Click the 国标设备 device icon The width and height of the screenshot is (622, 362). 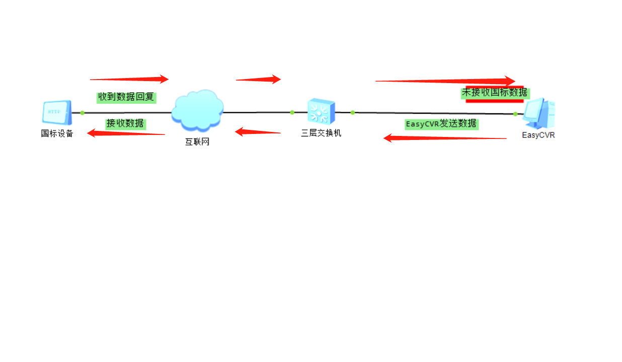click(57, 112)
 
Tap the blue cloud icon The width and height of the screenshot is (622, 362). click(197, 111)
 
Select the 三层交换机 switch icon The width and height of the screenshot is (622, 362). click(321, 111)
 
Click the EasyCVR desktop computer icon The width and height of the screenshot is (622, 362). click(538, 113)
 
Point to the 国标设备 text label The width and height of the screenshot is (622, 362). click(57, 133)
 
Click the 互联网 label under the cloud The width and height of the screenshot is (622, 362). click(197, 142)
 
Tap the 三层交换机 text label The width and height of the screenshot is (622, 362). click(321, 133)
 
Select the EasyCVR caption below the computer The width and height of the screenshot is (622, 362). click(538, 135)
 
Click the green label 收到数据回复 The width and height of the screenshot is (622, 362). click(126, 97)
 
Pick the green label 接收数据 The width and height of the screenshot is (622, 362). click(125, 123)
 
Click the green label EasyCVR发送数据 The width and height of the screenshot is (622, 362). click(441, 124)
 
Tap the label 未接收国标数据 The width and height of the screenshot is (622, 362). click(495, 93)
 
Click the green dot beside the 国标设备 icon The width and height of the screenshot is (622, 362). click(82, 113)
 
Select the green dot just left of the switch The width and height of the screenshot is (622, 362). click(292, 112)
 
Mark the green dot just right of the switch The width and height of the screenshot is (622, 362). click(353, 112)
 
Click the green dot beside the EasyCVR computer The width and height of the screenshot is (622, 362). click(515, 114)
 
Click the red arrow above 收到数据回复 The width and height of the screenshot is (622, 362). click(129, 79)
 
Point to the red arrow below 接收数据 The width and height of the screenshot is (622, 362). click(126, 133)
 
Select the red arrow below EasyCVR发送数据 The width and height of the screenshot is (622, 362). click(445, 138)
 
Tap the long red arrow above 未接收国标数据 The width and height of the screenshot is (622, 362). click(445, 81)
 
